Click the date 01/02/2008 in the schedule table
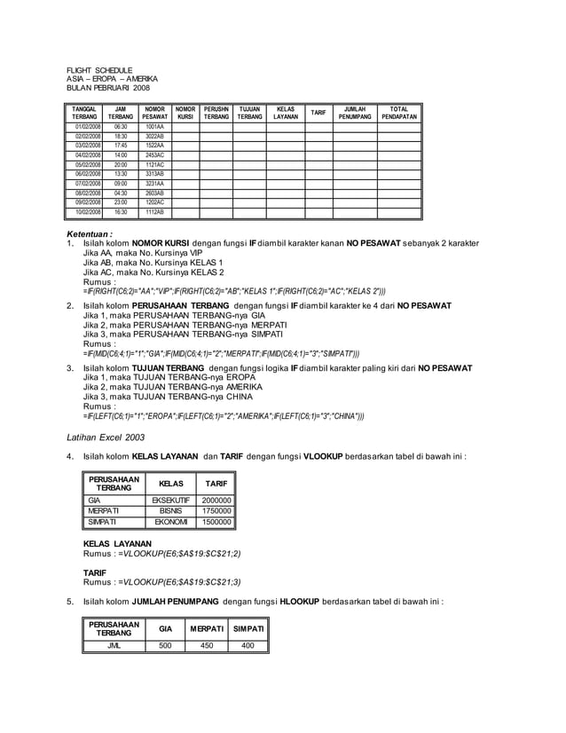87,128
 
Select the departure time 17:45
121,145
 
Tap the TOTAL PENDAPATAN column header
398,113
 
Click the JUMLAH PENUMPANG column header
355,113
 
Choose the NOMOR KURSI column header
185,113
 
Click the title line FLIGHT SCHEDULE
100,70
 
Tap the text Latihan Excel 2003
106,437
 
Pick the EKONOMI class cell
170,523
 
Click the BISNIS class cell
170,511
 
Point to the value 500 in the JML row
165,645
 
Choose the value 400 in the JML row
248,645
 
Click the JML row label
114,645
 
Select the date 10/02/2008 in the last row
87,213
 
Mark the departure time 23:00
121,202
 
